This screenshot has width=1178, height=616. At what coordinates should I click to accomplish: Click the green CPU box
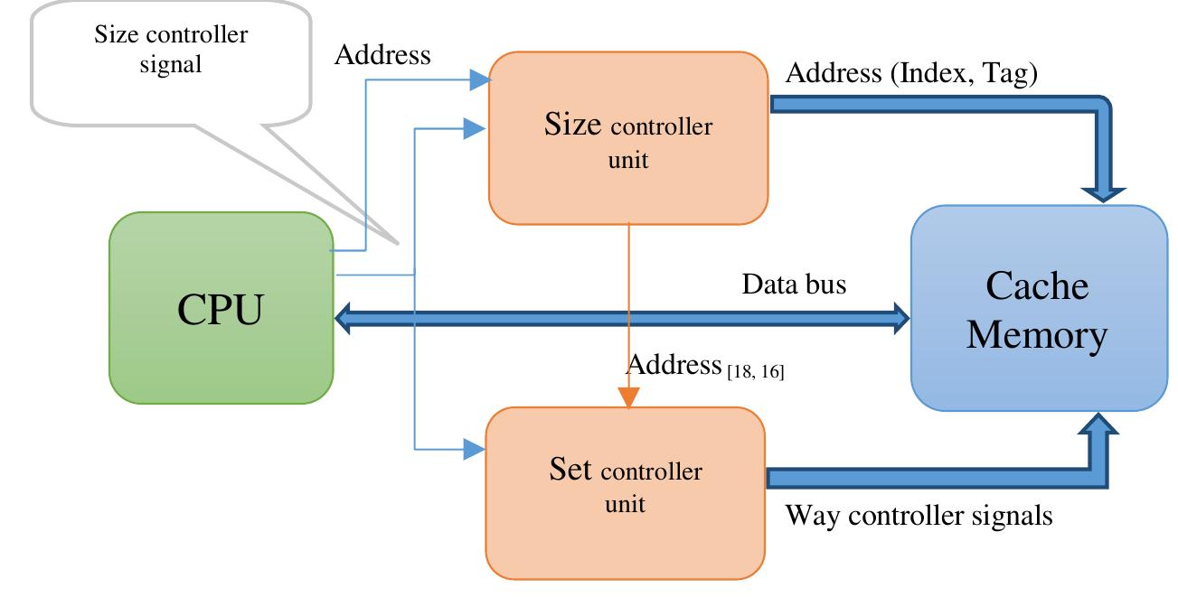pyautogui.click(x=221, y=308)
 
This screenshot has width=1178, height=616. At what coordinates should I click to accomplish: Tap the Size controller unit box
pyautogui.click(x=627, y=138)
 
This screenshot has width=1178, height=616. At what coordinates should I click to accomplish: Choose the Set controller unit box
pyautogui.click(x=625, y=492)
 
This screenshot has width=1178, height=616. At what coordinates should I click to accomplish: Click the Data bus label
pyautogui.click(x=794, y=285)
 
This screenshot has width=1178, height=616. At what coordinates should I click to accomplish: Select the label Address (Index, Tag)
pyautogui.click(x=910, y=73)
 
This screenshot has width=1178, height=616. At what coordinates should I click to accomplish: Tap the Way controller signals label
pyautogui.click(x=919, y=516)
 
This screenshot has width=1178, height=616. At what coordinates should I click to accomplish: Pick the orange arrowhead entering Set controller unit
pyautogui.click(x=628, y=397)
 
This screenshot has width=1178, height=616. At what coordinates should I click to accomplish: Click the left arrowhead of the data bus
pyautogui.click(x=344, y=318)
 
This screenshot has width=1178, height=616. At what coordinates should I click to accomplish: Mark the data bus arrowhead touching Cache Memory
pyautogui.click(x=900, y=317)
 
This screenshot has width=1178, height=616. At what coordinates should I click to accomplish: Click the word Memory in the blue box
pyautogui.click(x=1036, y=334)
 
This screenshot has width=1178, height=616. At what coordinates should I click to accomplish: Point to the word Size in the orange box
pyautogui.click(x=572, y=125)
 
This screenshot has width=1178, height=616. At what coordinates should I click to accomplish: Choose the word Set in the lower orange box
pyautogui.click(x=570, y=469)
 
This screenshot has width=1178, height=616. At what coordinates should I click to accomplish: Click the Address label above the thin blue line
pyautogui.click(x=382, y=55)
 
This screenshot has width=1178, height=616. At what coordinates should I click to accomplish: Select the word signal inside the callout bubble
pyautogui.click(x=170, y=65)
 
